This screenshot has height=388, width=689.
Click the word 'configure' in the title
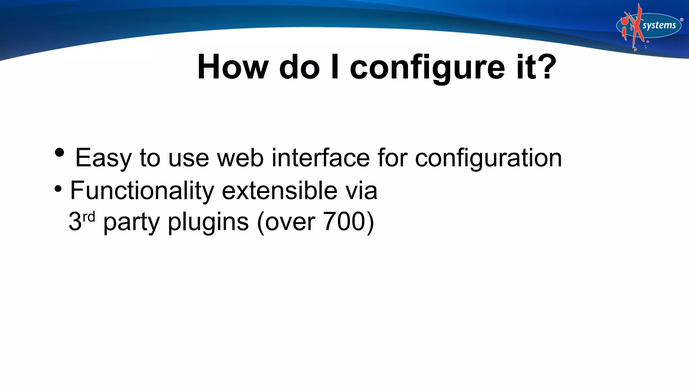427,67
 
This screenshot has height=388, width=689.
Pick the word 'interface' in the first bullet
321,158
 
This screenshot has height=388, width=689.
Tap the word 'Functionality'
142,191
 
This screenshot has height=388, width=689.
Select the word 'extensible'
280,190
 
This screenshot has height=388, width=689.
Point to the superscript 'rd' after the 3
89,217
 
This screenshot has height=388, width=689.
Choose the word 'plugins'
208,222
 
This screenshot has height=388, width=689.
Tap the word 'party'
131,222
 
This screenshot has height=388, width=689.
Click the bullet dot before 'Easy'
59,153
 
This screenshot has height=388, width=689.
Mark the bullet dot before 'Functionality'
58,189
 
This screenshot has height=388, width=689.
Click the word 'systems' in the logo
659,26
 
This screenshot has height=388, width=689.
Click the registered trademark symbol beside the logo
682,20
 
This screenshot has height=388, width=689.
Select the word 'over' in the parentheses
290,222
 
